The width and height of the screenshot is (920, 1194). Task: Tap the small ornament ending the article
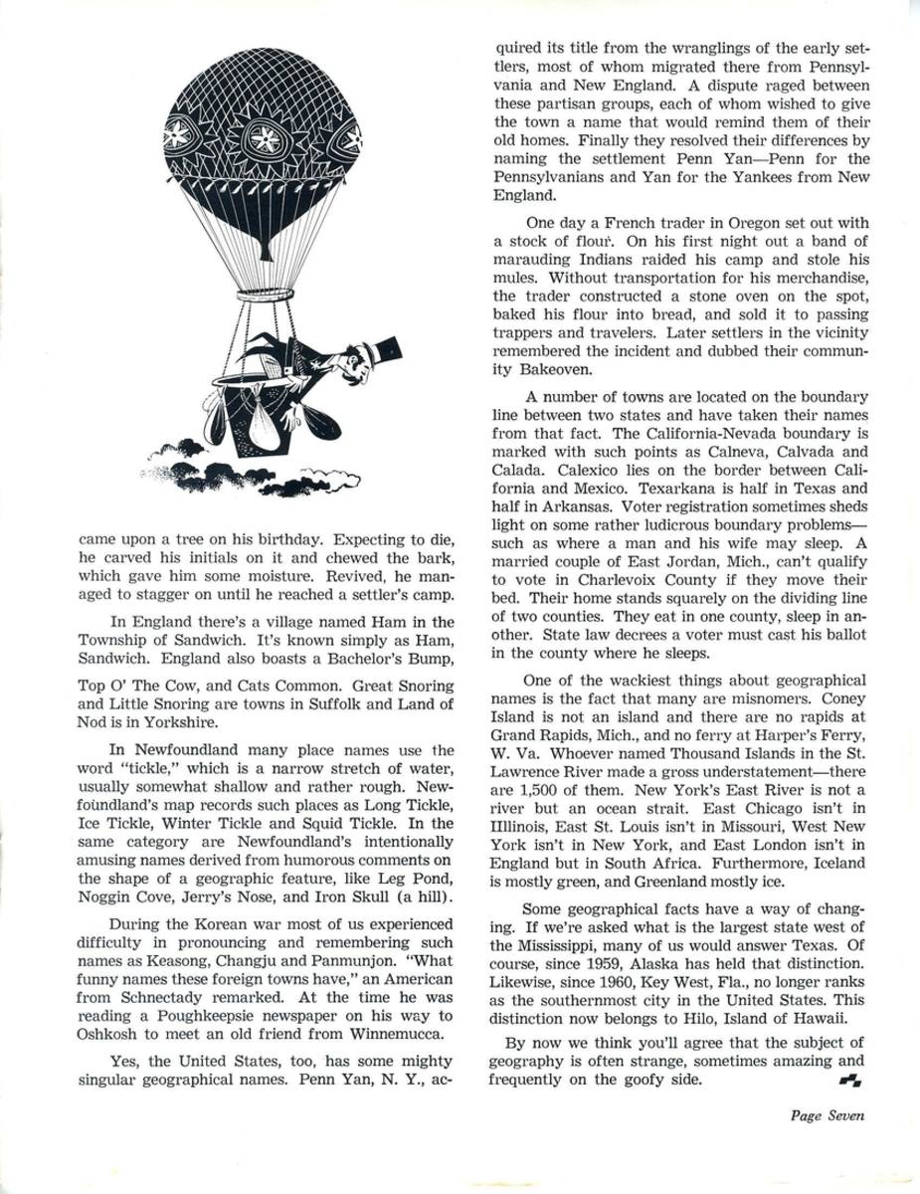click(x=851, y=1079)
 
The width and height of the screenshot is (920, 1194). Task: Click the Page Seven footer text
click(x=828, y=1115)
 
